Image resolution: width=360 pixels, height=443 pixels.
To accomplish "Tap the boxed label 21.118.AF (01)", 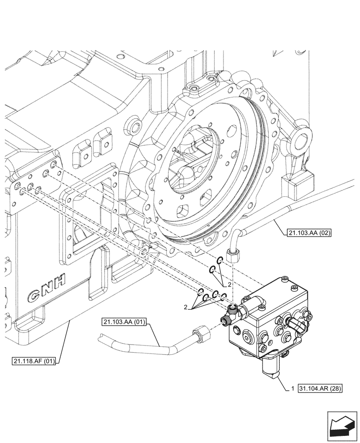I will pos(34,361).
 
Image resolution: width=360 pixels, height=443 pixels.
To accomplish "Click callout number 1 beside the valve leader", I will pos(293,389).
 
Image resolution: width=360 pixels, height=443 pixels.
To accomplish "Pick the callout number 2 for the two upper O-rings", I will pos(229,284).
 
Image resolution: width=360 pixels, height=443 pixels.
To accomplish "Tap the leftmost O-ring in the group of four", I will pos(200,291).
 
